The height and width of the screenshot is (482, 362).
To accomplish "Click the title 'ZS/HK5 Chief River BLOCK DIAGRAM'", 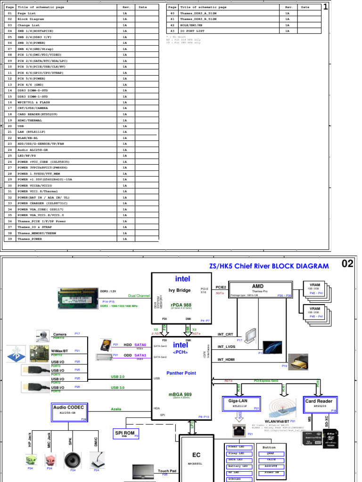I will [x=269, y=266].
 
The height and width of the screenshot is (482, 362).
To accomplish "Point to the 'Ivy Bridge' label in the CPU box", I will [x=179, y=290].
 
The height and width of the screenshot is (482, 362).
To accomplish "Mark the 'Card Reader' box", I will [x=319, y=403].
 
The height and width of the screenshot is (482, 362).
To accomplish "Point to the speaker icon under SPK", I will [x=73, y=458].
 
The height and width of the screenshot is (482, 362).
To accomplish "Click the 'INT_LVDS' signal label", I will [x=226, y=347].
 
